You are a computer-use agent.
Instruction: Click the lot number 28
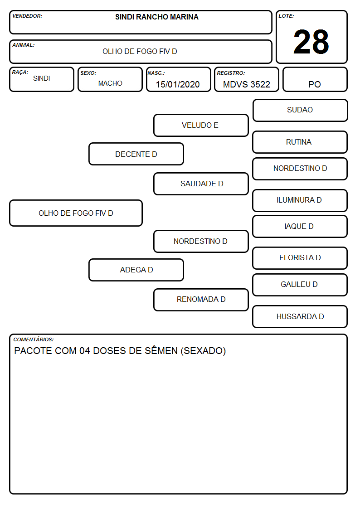click(x=311, y=42)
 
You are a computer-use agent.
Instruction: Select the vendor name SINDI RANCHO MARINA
click(x=157, y=17)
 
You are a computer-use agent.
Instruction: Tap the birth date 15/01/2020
click(x=178, y=84)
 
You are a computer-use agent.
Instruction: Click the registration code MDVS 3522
click(x=246, y=84)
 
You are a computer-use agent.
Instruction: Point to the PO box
click(x=315, y=79)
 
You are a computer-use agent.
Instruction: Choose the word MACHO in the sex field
click(x=110, y=83)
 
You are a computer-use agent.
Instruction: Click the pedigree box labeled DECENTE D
click(x=136, y=154)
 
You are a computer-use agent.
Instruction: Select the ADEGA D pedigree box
click(x=136, y=270)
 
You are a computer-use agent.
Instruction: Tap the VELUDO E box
click(x=201, y=125)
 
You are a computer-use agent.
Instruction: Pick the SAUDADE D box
click(x=201, y=184)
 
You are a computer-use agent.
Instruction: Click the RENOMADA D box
click(x=201, y=300)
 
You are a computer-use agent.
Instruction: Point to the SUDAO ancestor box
click(x=300, y=111)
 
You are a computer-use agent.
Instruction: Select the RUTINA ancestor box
click(x=300, y=142)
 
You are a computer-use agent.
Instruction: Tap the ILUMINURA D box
click(x=300, y=201)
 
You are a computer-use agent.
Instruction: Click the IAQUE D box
click(x=300, y=227)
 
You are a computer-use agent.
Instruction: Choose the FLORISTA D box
click(x=300, y=258)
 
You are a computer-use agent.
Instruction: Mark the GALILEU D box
click(x=300, y=285)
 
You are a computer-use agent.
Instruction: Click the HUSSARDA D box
click(x=300, y=316)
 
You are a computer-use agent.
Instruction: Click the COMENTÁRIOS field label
click(x=34, y=339)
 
